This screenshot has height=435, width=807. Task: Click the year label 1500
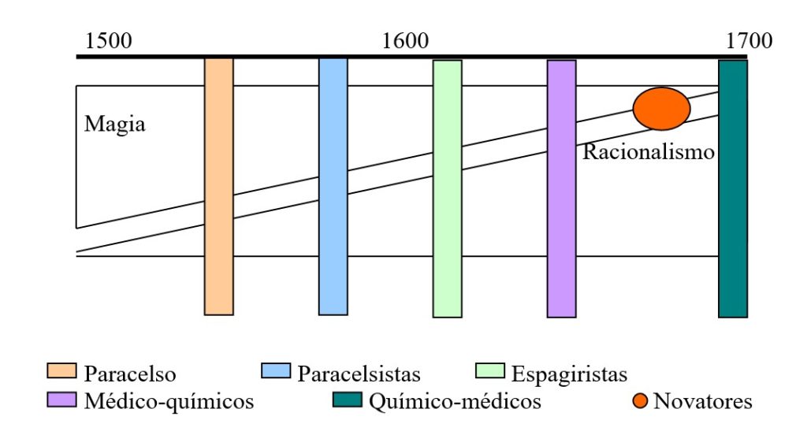[x=109, y=42]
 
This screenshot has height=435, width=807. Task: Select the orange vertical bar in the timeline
[x=219, y=186]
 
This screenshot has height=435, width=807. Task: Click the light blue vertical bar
[x=333, y=186]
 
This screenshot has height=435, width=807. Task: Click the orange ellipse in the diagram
[x=662, y=109]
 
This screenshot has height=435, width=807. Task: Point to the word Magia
[x=115, y=125]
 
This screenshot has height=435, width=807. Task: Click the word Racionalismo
[x=648, y=151]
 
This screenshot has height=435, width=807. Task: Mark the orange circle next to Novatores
[x=640, y=401]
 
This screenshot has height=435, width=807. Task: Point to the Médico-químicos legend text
[x=168, y=401]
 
